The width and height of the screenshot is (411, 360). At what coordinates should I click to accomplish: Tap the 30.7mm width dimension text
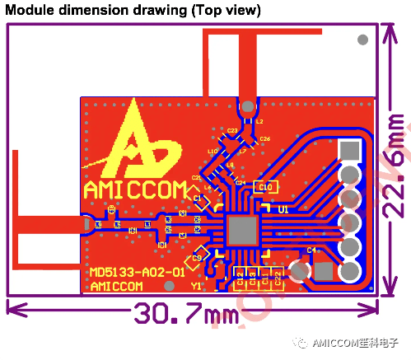pyautogui.click(x=183, y=316)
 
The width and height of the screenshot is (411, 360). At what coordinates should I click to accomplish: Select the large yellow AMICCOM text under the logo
pyautogui.click(x=136, y=190)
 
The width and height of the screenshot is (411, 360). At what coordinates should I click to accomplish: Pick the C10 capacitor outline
pyautogui.click(x=265, y=187)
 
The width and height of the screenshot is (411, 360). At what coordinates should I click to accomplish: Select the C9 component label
pyautogui.click(x=197, y=259)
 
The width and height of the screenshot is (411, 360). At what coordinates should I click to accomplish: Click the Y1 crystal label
pyautogui.click(x=196, y=286)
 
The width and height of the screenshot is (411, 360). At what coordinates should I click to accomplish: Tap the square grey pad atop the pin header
pyautogui.click(x=350, y=151)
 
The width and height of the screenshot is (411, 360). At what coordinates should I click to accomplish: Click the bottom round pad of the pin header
pyautogui.click(x=350, y=272)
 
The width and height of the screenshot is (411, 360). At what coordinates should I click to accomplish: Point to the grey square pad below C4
pyautogui.click(x=324, y=271)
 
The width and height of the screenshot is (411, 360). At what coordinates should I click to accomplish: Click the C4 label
pyautogui.click(x=311, y=250)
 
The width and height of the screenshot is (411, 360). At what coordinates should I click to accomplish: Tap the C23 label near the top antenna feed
pyautogui.click(x=231, y=130)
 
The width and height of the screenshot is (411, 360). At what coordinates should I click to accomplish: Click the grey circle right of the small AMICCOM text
pyautogui.click(x=169, y=286)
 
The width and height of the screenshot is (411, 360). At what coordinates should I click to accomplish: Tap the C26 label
pyautogui.click(x=264, y=139)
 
